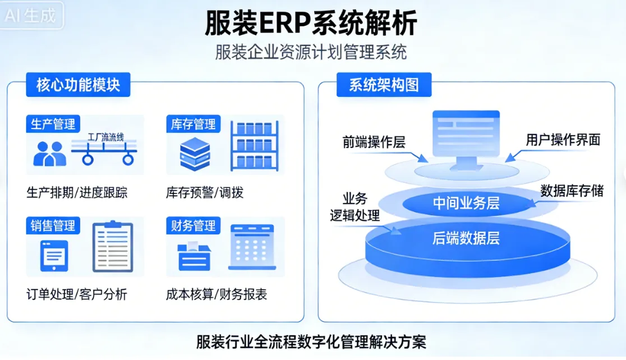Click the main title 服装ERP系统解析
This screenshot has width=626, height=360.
tap(311, 24)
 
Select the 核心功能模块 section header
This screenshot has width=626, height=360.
tap(78, 85)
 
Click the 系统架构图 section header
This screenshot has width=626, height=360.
tap(384, 85)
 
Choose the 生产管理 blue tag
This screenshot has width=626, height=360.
tap(53, 124)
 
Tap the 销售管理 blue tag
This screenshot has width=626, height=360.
tap(53, 225)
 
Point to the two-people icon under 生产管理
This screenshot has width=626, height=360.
tap(49, 153)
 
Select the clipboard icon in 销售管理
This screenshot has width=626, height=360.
tap(113, 247)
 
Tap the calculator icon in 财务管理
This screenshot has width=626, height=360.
tap(251, 247)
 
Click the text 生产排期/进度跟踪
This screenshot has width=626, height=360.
tap(77, 193)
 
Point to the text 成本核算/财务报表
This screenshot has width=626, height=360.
tap(217, 294)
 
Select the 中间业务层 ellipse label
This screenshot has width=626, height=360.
tap(466, 203)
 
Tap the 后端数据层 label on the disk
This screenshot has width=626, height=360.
tap(466, 238)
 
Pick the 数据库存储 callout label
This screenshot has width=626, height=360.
tap(572, 191)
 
